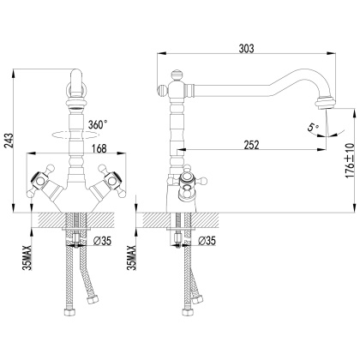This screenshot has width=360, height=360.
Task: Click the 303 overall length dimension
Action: [246, 49]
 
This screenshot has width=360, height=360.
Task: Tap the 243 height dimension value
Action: [9, 141]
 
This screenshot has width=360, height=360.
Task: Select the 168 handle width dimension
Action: [99, 148]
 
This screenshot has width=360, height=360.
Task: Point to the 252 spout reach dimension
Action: [251, 145]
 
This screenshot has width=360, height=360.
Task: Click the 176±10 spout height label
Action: [350, 160]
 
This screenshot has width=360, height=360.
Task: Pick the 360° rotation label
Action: [98, 124]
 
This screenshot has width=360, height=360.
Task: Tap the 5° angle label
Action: [313, 127]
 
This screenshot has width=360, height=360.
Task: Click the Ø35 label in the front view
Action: [102, 241]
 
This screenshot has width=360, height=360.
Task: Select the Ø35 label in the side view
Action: [207, 241]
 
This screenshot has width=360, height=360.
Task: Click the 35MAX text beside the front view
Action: [27, 257]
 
